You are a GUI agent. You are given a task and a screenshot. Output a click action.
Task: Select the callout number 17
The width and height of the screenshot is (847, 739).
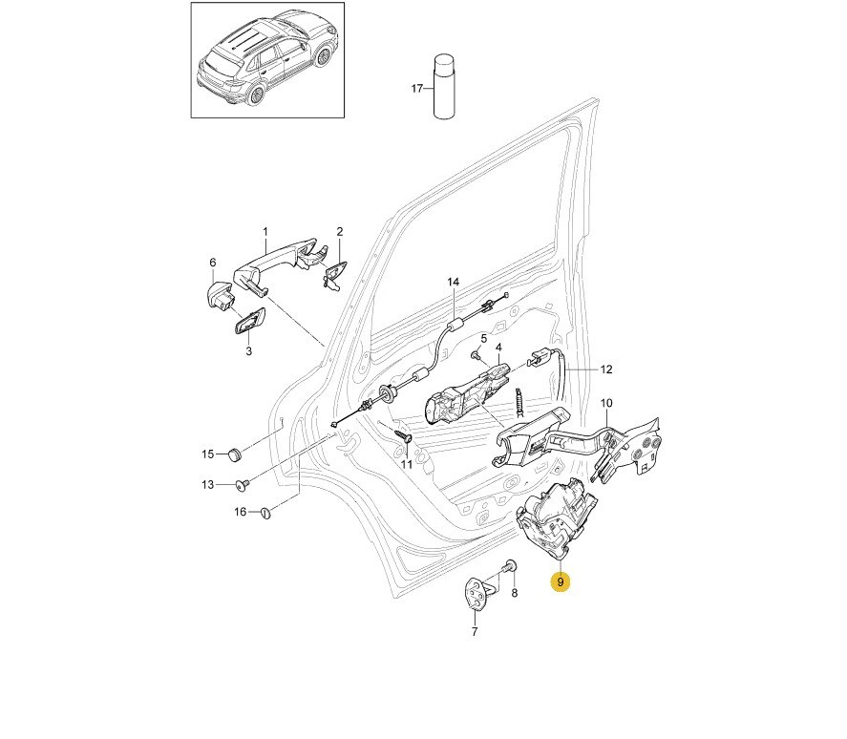pos(416,89)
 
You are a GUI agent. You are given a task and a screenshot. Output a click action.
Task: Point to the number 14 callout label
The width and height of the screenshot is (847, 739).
pos(454,282)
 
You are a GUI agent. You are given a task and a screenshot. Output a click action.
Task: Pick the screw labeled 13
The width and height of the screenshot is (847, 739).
pos(242,484)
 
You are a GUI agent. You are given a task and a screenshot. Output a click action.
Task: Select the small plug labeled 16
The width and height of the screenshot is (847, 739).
pos(266,513)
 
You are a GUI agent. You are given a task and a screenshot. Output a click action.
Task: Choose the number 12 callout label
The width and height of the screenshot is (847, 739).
pos(605,369)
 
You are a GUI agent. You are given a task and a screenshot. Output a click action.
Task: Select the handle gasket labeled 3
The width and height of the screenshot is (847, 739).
pos(247,323)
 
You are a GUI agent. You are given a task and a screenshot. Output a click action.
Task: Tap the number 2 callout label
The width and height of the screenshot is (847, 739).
pos(339,232)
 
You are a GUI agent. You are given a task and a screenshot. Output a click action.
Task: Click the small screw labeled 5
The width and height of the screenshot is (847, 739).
pos(476,355)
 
